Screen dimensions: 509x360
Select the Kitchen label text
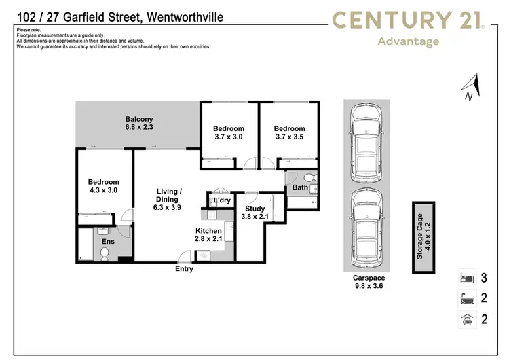click(208, 232)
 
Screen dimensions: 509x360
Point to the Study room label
click(255, 209)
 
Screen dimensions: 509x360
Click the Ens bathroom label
click(108, 241)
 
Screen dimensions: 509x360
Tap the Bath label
click(300, 187)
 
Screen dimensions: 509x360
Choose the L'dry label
click(221, 201)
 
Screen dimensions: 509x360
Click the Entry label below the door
click(184, 269)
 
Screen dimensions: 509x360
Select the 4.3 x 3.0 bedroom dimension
click(103, 191)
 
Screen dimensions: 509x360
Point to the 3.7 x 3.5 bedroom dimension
click(289, 137)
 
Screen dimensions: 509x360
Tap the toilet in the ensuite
click(105, 254)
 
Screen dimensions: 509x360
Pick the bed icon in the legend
click(465, 278)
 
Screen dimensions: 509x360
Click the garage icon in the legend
click(465, 319)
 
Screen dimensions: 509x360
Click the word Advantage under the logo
click(407, 41)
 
